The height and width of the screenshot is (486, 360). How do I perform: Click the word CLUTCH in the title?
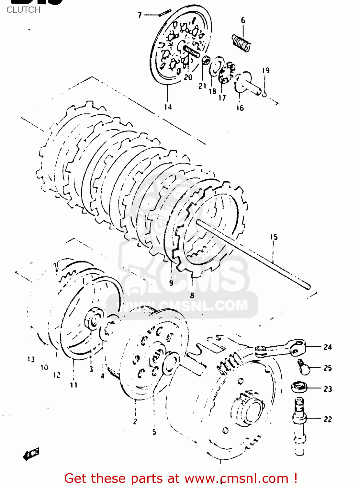click(23, 10)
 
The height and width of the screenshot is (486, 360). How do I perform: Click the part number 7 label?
click(140, 15)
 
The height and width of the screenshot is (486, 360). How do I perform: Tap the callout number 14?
click(168, 107)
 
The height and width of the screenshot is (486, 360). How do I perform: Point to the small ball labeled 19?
click(264, 94)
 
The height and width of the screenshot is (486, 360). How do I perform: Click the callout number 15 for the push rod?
click(274, 237)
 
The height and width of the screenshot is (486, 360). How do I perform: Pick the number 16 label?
click(240, 108)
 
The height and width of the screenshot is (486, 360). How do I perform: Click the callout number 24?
click(328, 347)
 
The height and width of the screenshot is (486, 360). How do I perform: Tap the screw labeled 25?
click(304, 367)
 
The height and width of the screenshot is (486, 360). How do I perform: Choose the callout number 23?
click(328, 389)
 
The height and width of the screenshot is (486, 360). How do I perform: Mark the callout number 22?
click(328, 419)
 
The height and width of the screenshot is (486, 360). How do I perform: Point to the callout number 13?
click(31, 359)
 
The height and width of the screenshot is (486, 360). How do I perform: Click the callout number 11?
click(74, 385)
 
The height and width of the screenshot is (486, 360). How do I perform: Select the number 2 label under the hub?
click(135, 421)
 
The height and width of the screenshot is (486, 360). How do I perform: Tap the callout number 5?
click(154, 432)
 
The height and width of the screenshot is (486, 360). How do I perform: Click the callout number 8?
click(192, 295)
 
